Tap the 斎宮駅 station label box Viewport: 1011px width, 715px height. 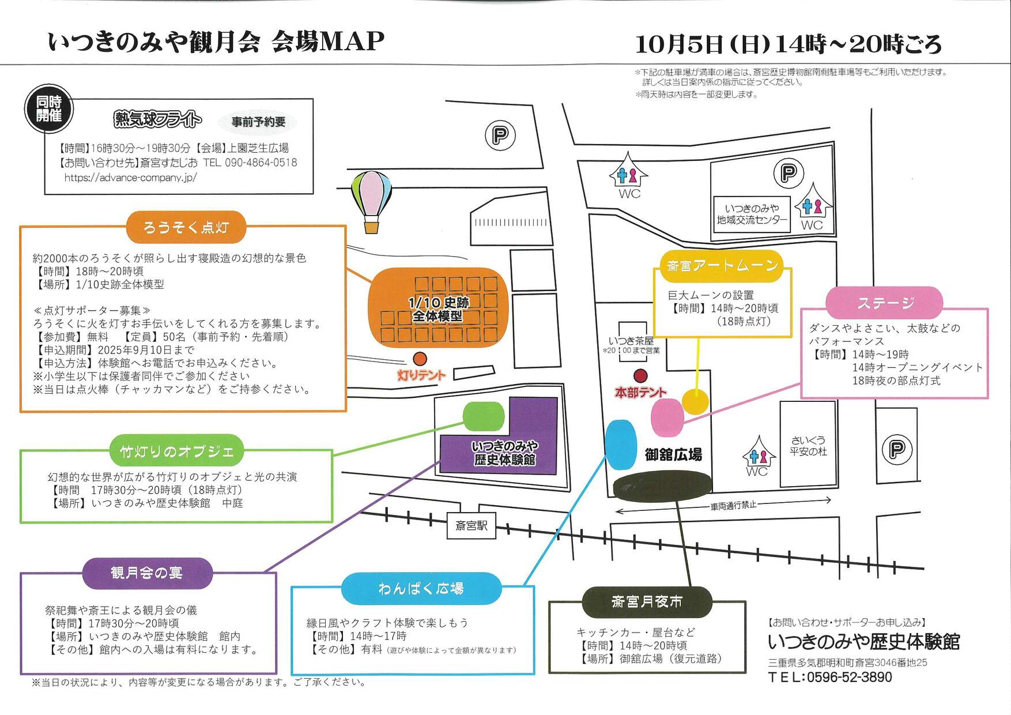pyautogui.click(x=471, y=526)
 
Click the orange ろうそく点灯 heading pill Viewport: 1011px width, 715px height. pyautogui.click(x=186, y=227)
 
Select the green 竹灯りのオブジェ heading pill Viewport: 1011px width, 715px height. pyautogui.click(x=177, y=451)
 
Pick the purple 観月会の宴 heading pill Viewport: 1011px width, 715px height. pyautogui.click(x=147, y=573)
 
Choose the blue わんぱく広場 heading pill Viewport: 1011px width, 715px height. pyautogui.click(x=421, y=588)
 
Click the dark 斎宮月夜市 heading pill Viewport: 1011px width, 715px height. pyautogui.click(x=647, y=602)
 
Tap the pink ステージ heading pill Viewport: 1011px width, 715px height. pyautogui.click(x=884, y=303)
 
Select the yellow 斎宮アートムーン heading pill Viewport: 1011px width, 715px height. pyautogui.click(x=722, y=266)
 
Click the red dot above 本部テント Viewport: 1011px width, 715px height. pyautogui.click(x=640, y=376)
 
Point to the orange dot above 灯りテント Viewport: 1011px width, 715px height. pyautogui.click(x=420, y=359)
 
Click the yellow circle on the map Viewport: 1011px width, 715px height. pyautogui.click(x=695, y=401)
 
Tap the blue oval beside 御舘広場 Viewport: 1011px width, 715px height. pyautogui.click(x=621, y=445)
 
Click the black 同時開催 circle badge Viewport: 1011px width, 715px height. pyautogui.click(x=48, y=108)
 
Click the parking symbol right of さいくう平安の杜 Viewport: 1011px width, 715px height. pyautogui.click(x=897, y=449)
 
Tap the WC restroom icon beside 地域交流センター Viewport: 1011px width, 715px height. pyautogui.click(x=813, y=208)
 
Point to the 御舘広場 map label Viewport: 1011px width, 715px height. pyautogui.click(x=673, y=454)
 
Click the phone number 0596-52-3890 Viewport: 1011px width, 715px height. pyautogui.click(x=849, y=677)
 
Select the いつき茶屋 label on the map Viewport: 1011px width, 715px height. pyautogui.click(x=631, y=341)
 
